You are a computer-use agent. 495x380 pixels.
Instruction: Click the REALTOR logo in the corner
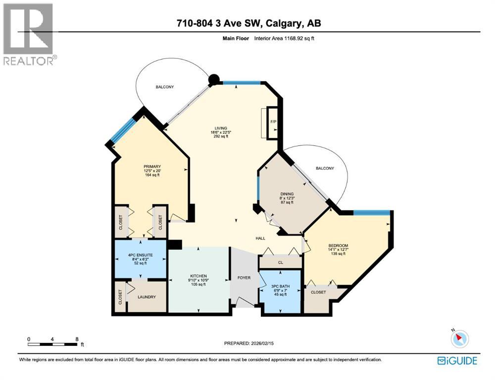coord(28,33)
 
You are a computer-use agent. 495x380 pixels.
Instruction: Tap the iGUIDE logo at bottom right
coord(457,361)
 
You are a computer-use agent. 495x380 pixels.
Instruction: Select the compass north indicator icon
coord(459,338)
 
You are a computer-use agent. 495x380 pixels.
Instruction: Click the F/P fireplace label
coord(272,122)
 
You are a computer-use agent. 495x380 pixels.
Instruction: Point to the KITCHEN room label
coord(198,276)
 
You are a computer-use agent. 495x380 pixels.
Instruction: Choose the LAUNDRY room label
coord(147,297)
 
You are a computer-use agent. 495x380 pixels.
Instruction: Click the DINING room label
coord(287,194)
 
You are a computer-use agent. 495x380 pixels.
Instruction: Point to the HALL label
coord(260,238)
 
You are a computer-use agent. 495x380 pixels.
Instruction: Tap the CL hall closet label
coord(280,263)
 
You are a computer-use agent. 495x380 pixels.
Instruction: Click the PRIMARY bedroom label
coord(152,166)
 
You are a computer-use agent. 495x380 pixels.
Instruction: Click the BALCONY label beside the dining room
coord(325,168)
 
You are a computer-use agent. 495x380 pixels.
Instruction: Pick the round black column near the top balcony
coord(214,80)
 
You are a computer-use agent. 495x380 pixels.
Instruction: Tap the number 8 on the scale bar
coord(76,339)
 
